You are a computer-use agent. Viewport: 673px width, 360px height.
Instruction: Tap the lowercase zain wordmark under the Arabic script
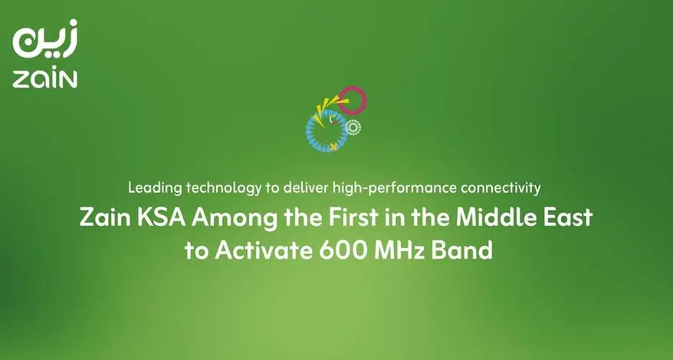click(45, 80)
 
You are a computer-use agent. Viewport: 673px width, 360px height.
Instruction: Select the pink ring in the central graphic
click(353, 100)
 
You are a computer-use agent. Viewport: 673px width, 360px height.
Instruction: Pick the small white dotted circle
click(353, 127)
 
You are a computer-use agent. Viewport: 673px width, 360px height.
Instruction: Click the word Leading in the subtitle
click(153, 187)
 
